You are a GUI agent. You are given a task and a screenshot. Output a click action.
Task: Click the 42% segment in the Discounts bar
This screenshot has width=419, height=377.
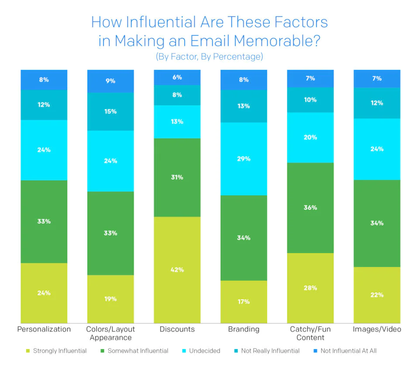[177, 270]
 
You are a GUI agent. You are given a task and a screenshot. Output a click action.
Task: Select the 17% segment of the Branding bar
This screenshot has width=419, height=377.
[244, 302]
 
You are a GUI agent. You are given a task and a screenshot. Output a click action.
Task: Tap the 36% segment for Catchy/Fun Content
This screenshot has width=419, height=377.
[310, 208]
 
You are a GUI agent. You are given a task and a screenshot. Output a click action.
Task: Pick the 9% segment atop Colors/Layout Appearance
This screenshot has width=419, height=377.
[110, 81]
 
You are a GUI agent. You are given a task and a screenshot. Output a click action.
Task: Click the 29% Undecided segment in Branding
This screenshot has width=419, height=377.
[244, 159]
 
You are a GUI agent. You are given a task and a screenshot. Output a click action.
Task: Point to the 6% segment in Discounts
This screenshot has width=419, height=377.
[177, 77]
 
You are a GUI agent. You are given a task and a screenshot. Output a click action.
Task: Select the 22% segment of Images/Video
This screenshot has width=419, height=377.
[377, 295]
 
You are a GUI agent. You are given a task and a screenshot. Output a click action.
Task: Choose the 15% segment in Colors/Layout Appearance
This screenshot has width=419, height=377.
[110, 111]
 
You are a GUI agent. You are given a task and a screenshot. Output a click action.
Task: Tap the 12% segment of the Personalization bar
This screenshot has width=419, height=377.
[44, 105]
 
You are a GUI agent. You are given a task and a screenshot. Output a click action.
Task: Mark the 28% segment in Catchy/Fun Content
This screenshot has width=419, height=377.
[310, 288]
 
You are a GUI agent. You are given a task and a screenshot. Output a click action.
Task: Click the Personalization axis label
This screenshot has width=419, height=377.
[44, 329]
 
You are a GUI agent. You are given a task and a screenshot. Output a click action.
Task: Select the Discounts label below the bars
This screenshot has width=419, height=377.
[177, 329]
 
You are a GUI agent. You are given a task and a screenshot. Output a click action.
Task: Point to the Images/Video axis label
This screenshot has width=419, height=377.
[377, 329]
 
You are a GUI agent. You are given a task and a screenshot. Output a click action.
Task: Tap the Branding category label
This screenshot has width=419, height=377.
[244, 329]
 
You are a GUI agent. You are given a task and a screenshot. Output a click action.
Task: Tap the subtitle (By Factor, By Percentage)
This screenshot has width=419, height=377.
[209, 57]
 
